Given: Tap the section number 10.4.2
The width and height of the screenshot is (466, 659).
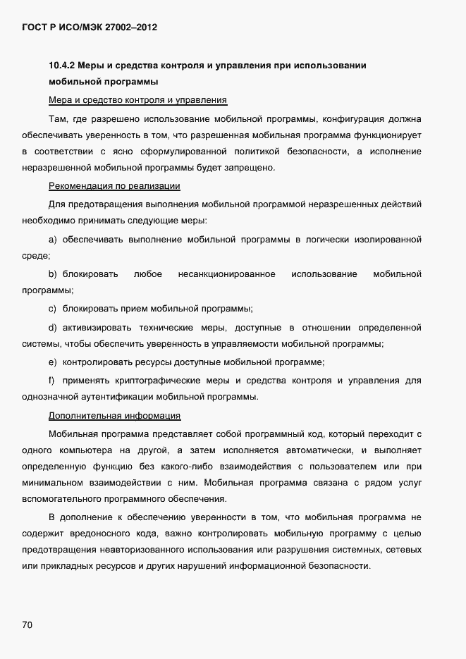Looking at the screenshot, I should click(x=62, y=66).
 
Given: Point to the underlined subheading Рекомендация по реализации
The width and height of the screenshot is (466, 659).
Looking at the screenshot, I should click(x=114, y=186).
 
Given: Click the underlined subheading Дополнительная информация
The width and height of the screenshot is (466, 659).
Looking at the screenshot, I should click(x=114, y=415).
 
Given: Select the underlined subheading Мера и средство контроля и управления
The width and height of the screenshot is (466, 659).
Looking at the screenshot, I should click(x=137, y=100).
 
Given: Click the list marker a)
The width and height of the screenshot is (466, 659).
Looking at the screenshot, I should click(x=53, y=240).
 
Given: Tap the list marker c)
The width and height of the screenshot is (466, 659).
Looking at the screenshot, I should click(x=53, y=309).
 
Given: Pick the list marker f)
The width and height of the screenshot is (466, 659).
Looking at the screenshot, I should click(x=52, y=381).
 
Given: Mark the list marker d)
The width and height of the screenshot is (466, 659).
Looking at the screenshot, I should click(x=53, y=328).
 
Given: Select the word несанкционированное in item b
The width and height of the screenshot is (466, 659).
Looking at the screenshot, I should click(x=226, y=273).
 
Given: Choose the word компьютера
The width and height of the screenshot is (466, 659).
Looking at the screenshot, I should click(x=86, y=450).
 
